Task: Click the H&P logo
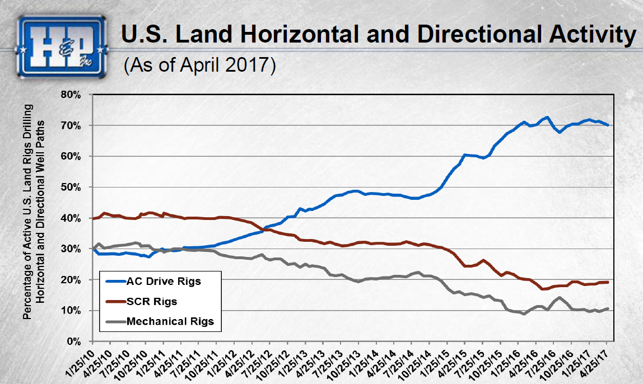62,46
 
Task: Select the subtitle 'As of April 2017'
200,64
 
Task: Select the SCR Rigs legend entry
152,302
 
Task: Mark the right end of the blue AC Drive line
608,125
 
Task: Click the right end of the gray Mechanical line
608,308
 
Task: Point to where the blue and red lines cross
265,229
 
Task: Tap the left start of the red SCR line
92,218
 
